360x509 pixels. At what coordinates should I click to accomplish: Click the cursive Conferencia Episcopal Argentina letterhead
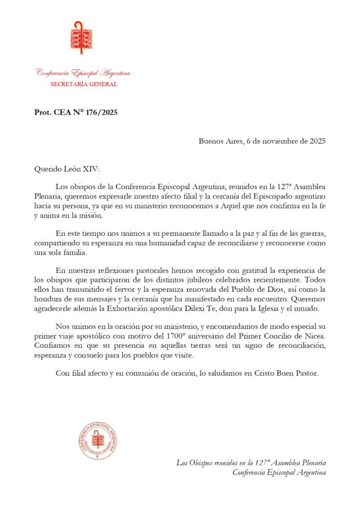[x=83, y=73]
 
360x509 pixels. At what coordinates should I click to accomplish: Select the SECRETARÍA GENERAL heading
[x=84, y=84]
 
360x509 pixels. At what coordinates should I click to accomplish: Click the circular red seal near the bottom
[x=97, y=442]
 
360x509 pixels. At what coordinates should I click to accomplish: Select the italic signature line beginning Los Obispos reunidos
[x=251, y=462]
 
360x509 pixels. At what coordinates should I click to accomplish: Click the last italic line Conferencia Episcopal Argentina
[x=279, y=472]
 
